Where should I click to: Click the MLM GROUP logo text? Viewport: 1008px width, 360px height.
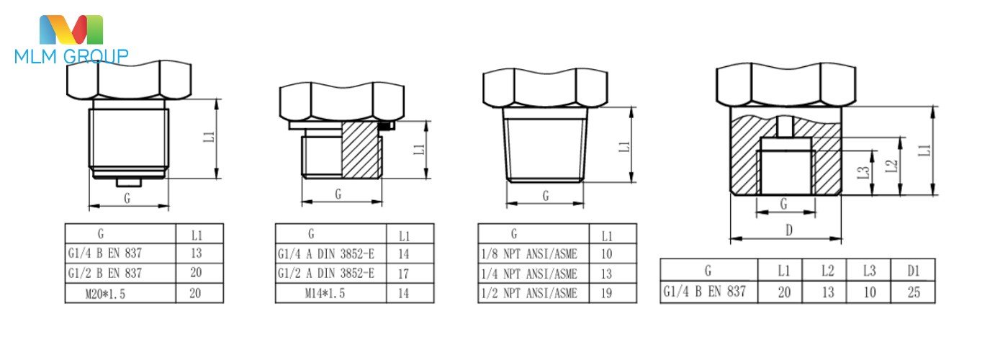click(x=71, y=56)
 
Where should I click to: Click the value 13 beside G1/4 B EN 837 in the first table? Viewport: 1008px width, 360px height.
click(x=196, y=253)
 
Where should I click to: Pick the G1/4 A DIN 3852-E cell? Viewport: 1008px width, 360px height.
click(x=326, y=254)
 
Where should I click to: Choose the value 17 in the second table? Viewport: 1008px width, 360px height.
click(x=404, y=274)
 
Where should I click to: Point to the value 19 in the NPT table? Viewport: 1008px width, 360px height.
click(x=606, y=293)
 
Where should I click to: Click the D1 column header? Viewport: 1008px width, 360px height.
click(x=913, y=271)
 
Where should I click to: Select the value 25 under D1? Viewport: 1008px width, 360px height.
click(x=913, y=292)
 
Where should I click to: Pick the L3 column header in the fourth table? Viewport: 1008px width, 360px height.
click(x=869, y=271)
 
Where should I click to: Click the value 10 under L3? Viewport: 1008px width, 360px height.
click(x=869, y=292)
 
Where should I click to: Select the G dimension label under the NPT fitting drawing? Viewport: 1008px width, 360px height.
click(x=546, y=195)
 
